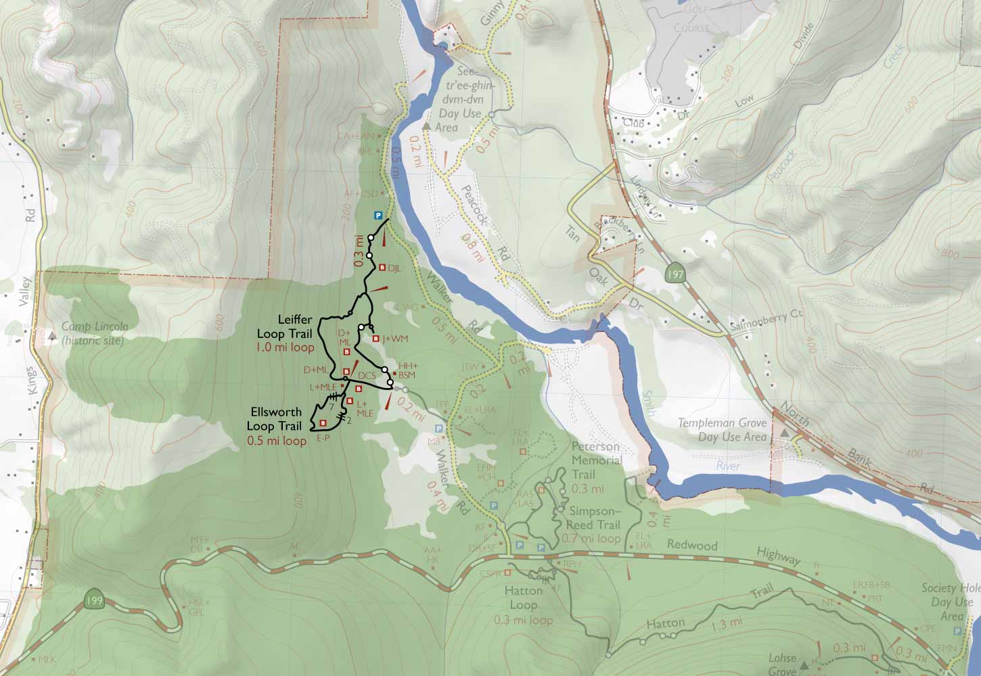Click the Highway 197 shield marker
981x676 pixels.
click(674, 274)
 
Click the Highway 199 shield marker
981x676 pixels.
click(95, 599)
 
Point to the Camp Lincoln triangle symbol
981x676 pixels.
click(53, 334)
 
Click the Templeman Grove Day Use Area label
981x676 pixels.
click(722, 430)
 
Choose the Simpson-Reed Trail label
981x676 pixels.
click(595, 518)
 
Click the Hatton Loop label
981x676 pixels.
click(524, 598)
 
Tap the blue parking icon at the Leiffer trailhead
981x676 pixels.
click(379, 216)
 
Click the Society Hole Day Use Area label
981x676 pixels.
click(951, 602)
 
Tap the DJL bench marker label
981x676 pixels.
click(394, 268)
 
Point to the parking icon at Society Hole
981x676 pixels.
click(957, 631)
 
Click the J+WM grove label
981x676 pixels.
click(395, 339)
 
